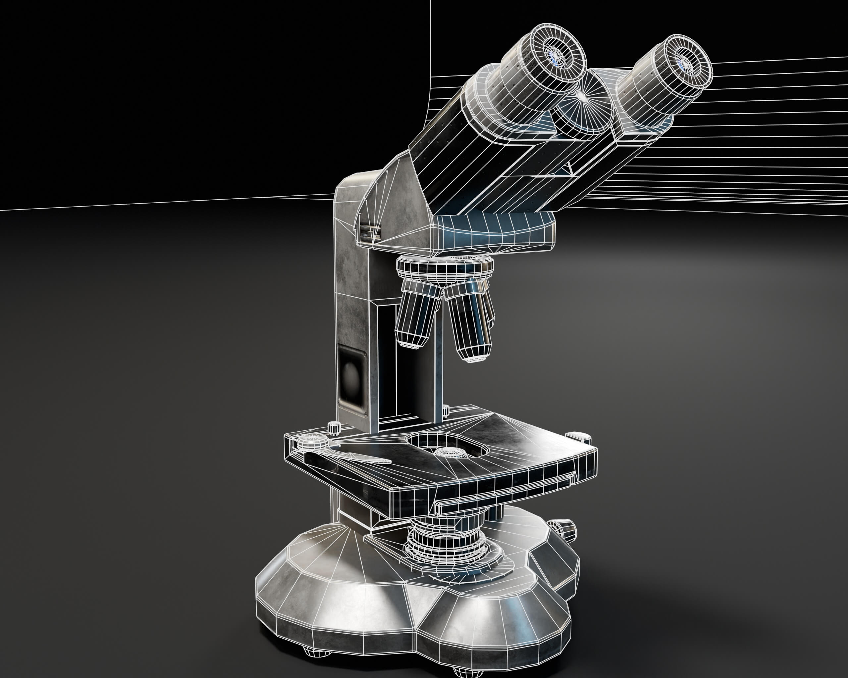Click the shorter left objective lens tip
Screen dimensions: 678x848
[412, 343]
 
